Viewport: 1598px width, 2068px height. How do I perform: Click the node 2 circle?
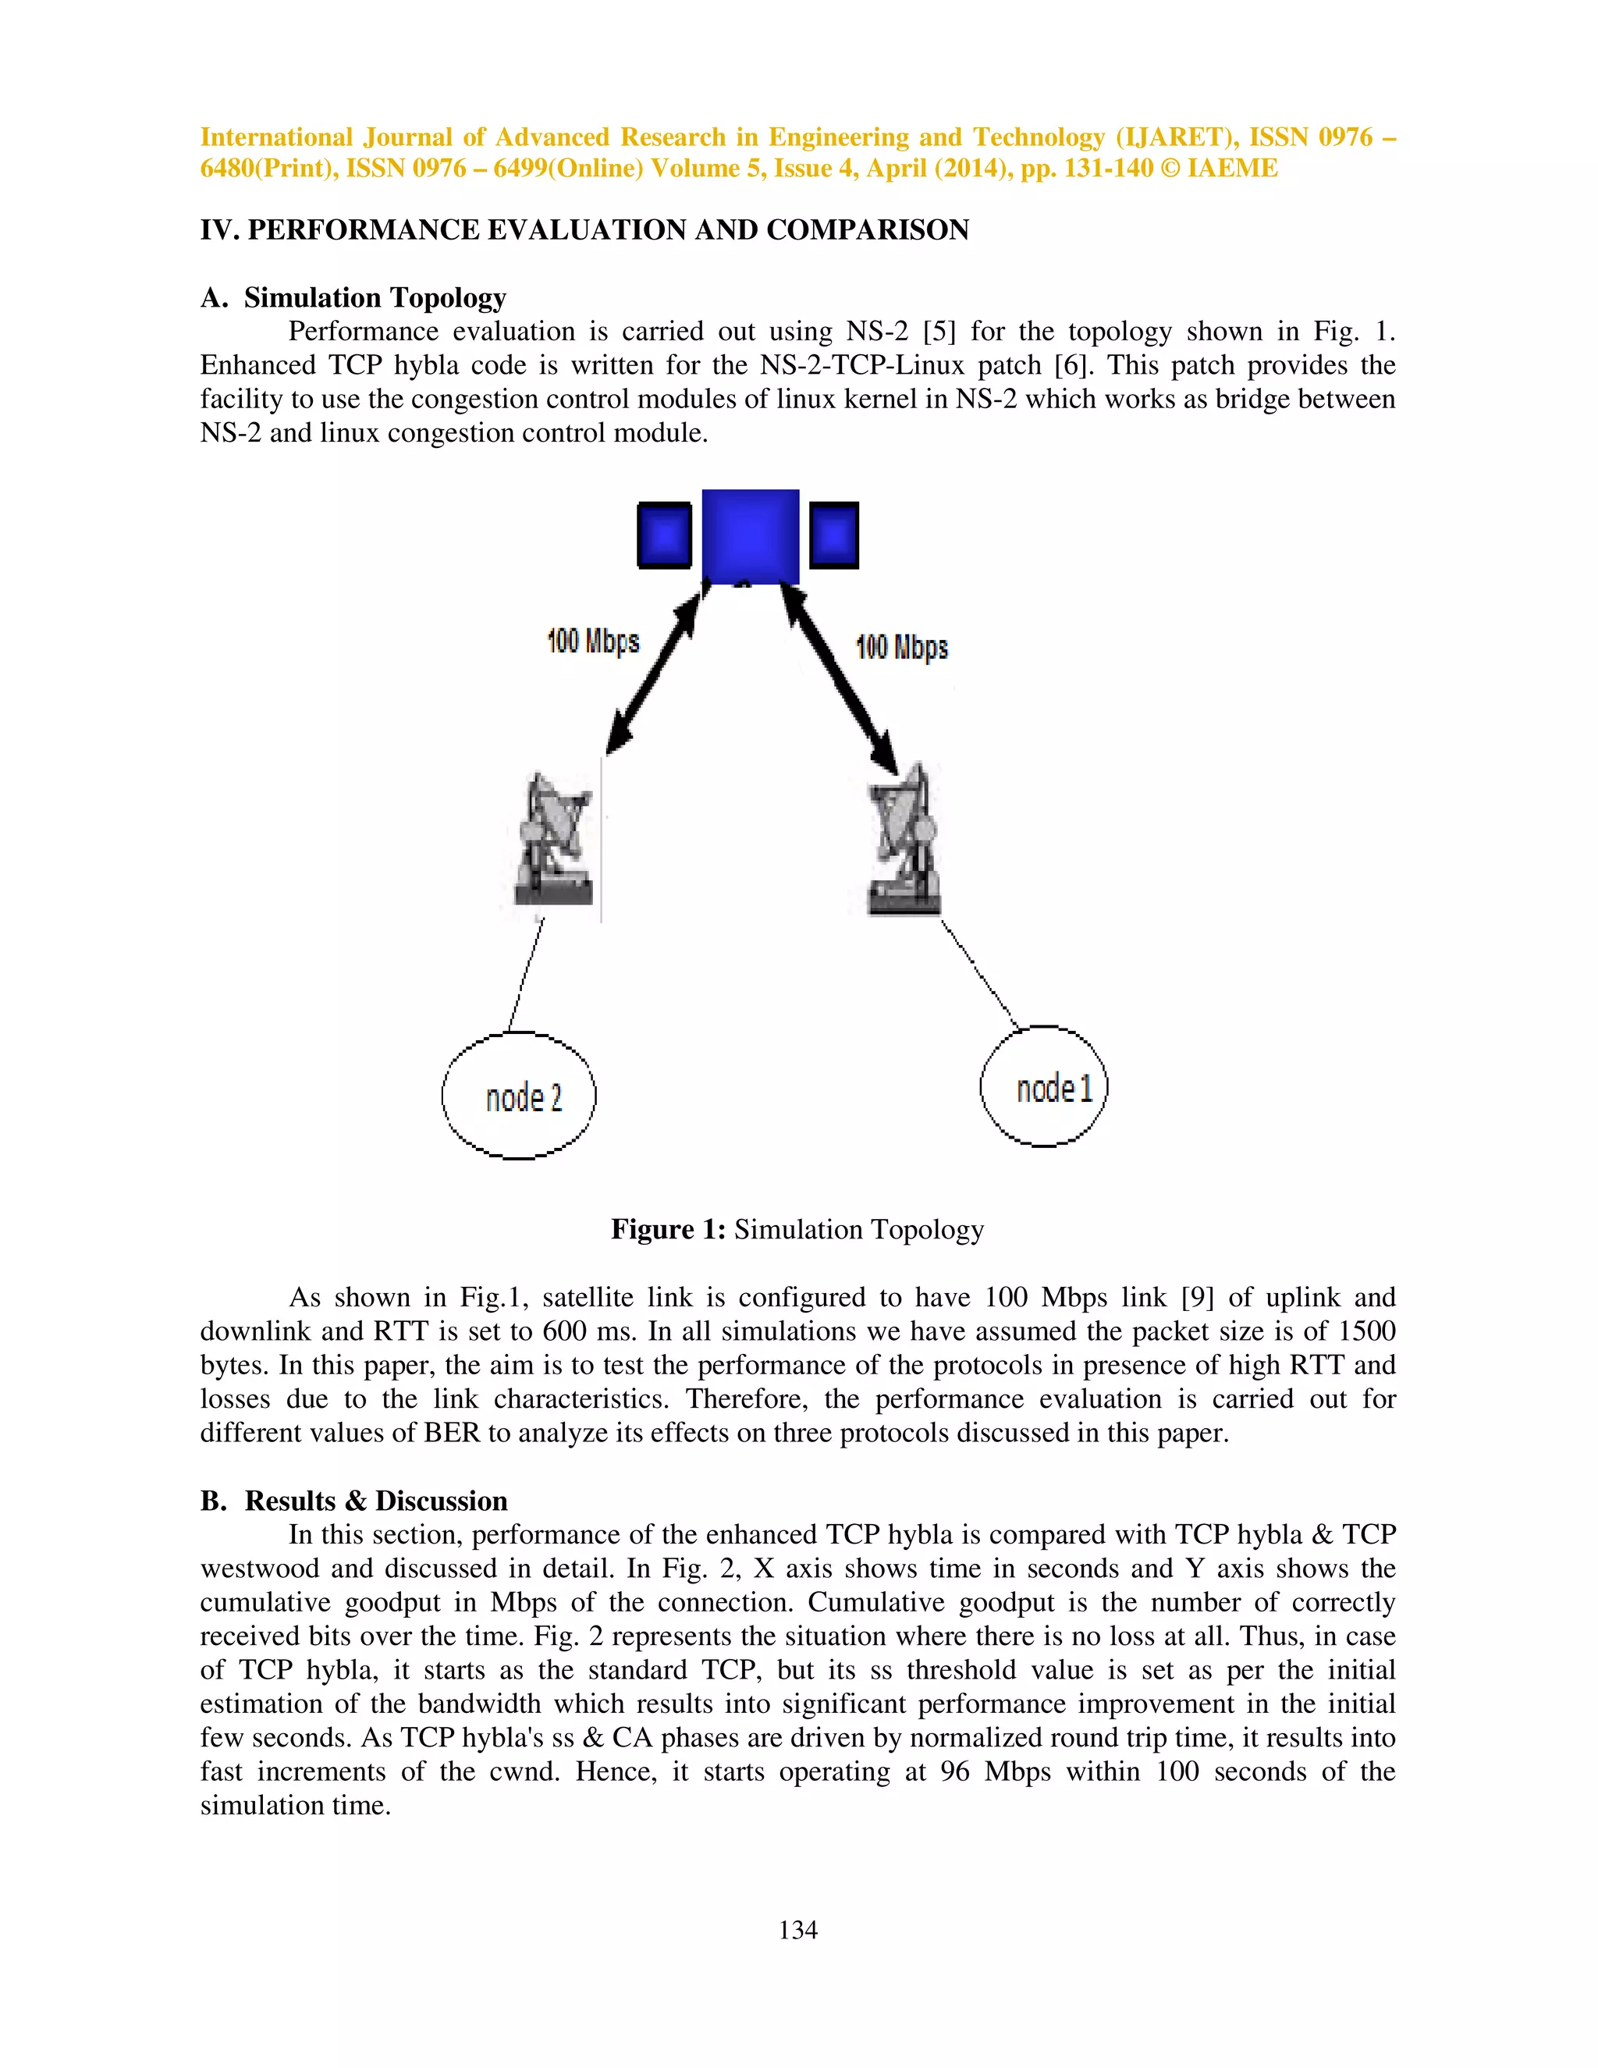coord(519,1096)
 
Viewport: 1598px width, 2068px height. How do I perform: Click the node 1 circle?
coord(1043,1087)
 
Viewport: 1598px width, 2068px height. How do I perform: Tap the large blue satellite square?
coord(750,536)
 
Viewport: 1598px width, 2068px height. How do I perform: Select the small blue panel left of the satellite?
coord(665,535)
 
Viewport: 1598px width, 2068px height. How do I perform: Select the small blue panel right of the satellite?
coord(834,535)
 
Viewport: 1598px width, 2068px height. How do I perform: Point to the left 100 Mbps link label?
coord(593,641)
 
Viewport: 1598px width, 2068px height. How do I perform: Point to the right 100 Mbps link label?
coord(901,648)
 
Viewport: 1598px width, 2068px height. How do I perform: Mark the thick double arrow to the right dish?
coord(840,679)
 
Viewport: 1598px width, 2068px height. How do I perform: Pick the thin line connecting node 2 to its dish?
coord(527,975)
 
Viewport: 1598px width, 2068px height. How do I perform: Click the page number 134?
coord(798,1930)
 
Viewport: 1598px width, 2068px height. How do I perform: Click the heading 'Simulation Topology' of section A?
coord(375,297)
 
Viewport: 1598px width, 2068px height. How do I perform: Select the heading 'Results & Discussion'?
coord(376,1501)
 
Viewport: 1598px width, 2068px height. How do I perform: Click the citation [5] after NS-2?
coord(939,332)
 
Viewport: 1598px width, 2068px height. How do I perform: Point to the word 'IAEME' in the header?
coord(1233,169)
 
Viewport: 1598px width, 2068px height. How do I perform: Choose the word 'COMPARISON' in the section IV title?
coord(867,230)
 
